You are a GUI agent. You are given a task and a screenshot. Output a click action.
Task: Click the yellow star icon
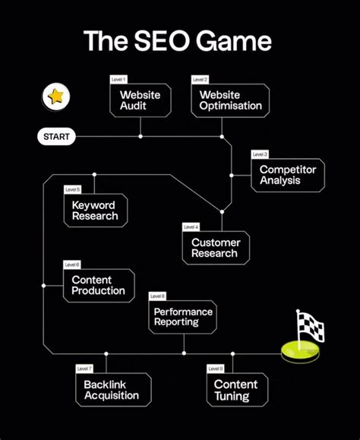coord(55,97)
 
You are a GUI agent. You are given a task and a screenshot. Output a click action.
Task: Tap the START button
coord(56,138)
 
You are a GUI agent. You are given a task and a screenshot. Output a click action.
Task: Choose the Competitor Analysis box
coord(288,175)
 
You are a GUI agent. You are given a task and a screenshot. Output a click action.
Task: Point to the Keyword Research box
coord(95,211)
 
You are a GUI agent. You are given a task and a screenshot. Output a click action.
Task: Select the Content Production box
coord(98,286)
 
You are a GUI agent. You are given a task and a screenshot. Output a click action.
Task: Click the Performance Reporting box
coord(183,317)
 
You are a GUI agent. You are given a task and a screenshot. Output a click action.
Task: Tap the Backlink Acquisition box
coord(112,390)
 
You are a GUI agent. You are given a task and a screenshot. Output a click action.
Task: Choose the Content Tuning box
coord(235,390)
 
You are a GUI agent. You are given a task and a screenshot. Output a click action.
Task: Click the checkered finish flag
coord(311,328)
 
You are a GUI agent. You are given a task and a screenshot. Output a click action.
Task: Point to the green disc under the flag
coord(299,352)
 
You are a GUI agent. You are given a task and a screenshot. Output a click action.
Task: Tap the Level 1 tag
coord(119,79)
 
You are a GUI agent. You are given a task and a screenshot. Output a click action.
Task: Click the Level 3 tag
coord(260,154)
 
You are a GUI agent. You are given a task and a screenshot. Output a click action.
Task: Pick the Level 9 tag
coord(215,369)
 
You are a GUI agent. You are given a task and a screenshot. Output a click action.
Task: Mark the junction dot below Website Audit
coord(141,137)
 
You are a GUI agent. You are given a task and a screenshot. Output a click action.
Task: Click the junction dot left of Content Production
coord(44,286)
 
